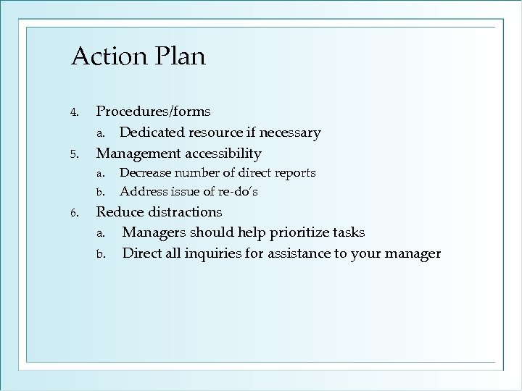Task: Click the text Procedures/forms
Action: pos(154,112)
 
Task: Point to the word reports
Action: pos(294,173)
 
